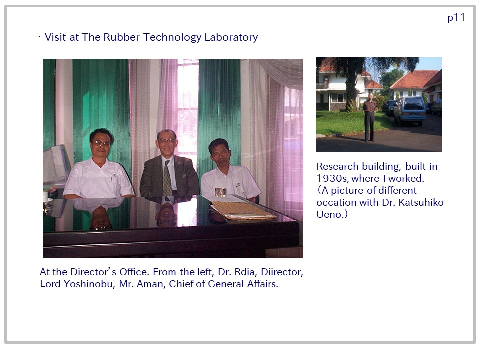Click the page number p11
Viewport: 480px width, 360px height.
coord(456,18)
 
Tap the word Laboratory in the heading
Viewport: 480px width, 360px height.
coord(231,37)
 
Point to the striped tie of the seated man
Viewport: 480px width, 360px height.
coord(167,178)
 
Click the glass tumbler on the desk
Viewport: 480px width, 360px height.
coord(220,192)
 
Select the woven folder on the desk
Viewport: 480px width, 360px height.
coord(243,210)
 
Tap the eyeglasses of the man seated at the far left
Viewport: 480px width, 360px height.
coord(101,143)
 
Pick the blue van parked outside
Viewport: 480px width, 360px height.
coord(409,111)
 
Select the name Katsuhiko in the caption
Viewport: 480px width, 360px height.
coord(421,202)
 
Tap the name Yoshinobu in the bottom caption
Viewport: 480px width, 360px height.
coord(88,284)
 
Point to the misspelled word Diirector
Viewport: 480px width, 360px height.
coord(281,272)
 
